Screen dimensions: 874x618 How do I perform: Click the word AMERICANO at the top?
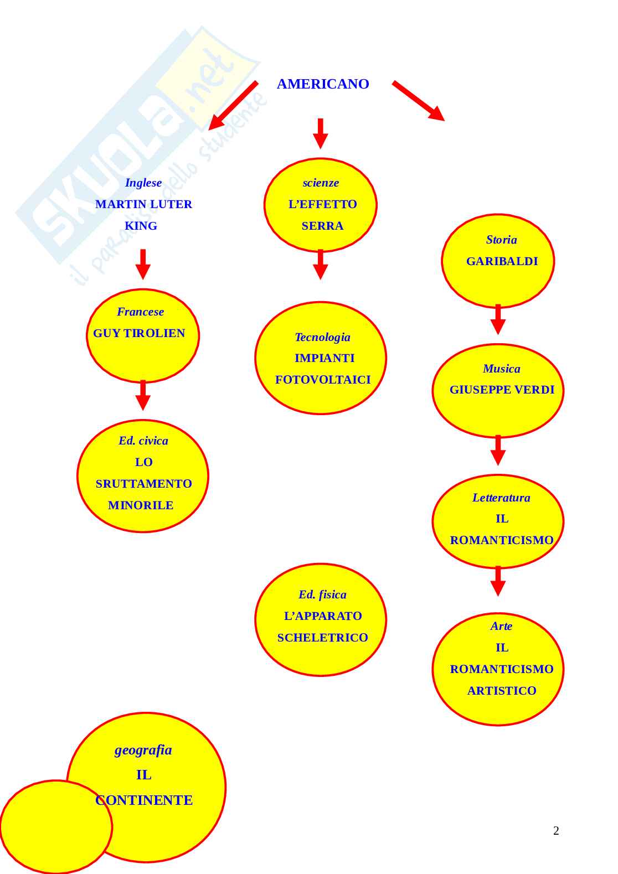tap(323, 84)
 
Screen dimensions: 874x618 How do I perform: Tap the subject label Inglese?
tap(143, 183)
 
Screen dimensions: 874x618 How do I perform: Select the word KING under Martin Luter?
tap(141, 226)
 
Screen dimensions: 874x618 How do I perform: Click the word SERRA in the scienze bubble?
tap(322, 226)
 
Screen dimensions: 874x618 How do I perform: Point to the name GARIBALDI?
tap(502, 261)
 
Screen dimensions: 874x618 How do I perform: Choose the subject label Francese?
tap(140, 312)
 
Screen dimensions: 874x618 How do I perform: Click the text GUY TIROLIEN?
tap(139, 333)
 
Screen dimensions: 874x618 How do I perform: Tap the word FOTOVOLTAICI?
tap(323, 380)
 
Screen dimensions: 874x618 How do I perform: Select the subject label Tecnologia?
tap(322, 337)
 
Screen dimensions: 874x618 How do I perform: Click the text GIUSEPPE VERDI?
tap(502, 390)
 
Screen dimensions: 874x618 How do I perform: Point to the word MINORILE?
tap(141, 505)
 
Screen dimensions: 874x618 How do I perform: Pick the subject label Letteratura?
tap(501, 498)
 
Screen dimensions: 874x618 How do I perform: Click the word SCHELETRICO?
tap(322, 638)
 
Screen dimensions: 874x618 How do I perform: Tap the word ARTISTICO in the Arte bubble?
tap(502, 691)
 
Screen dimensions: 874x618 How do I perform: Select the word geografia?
tap(143, 750)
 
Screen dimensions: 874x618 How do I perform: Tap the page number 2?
tap(556, 831)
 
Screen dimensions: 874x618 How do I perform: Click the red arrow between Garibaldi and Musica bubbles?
tap(498, 319)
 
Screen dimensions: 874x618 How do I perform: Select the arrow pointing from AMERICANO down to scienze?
tap(320, 133)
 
